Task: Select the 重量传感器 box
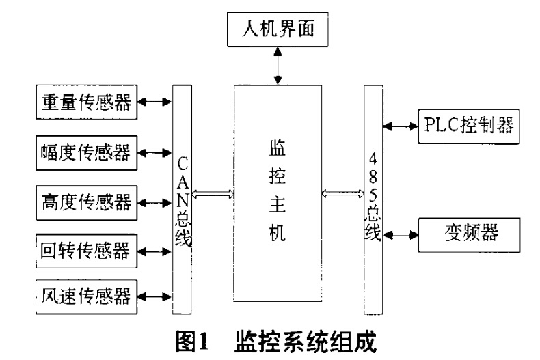85,102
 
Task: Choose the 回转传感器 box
85,249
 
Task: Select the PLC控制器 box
470,126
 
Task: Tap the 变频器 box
470,234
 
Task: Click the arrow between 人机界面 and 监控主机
278,66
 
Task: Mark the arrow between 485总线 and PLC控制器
401,126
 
